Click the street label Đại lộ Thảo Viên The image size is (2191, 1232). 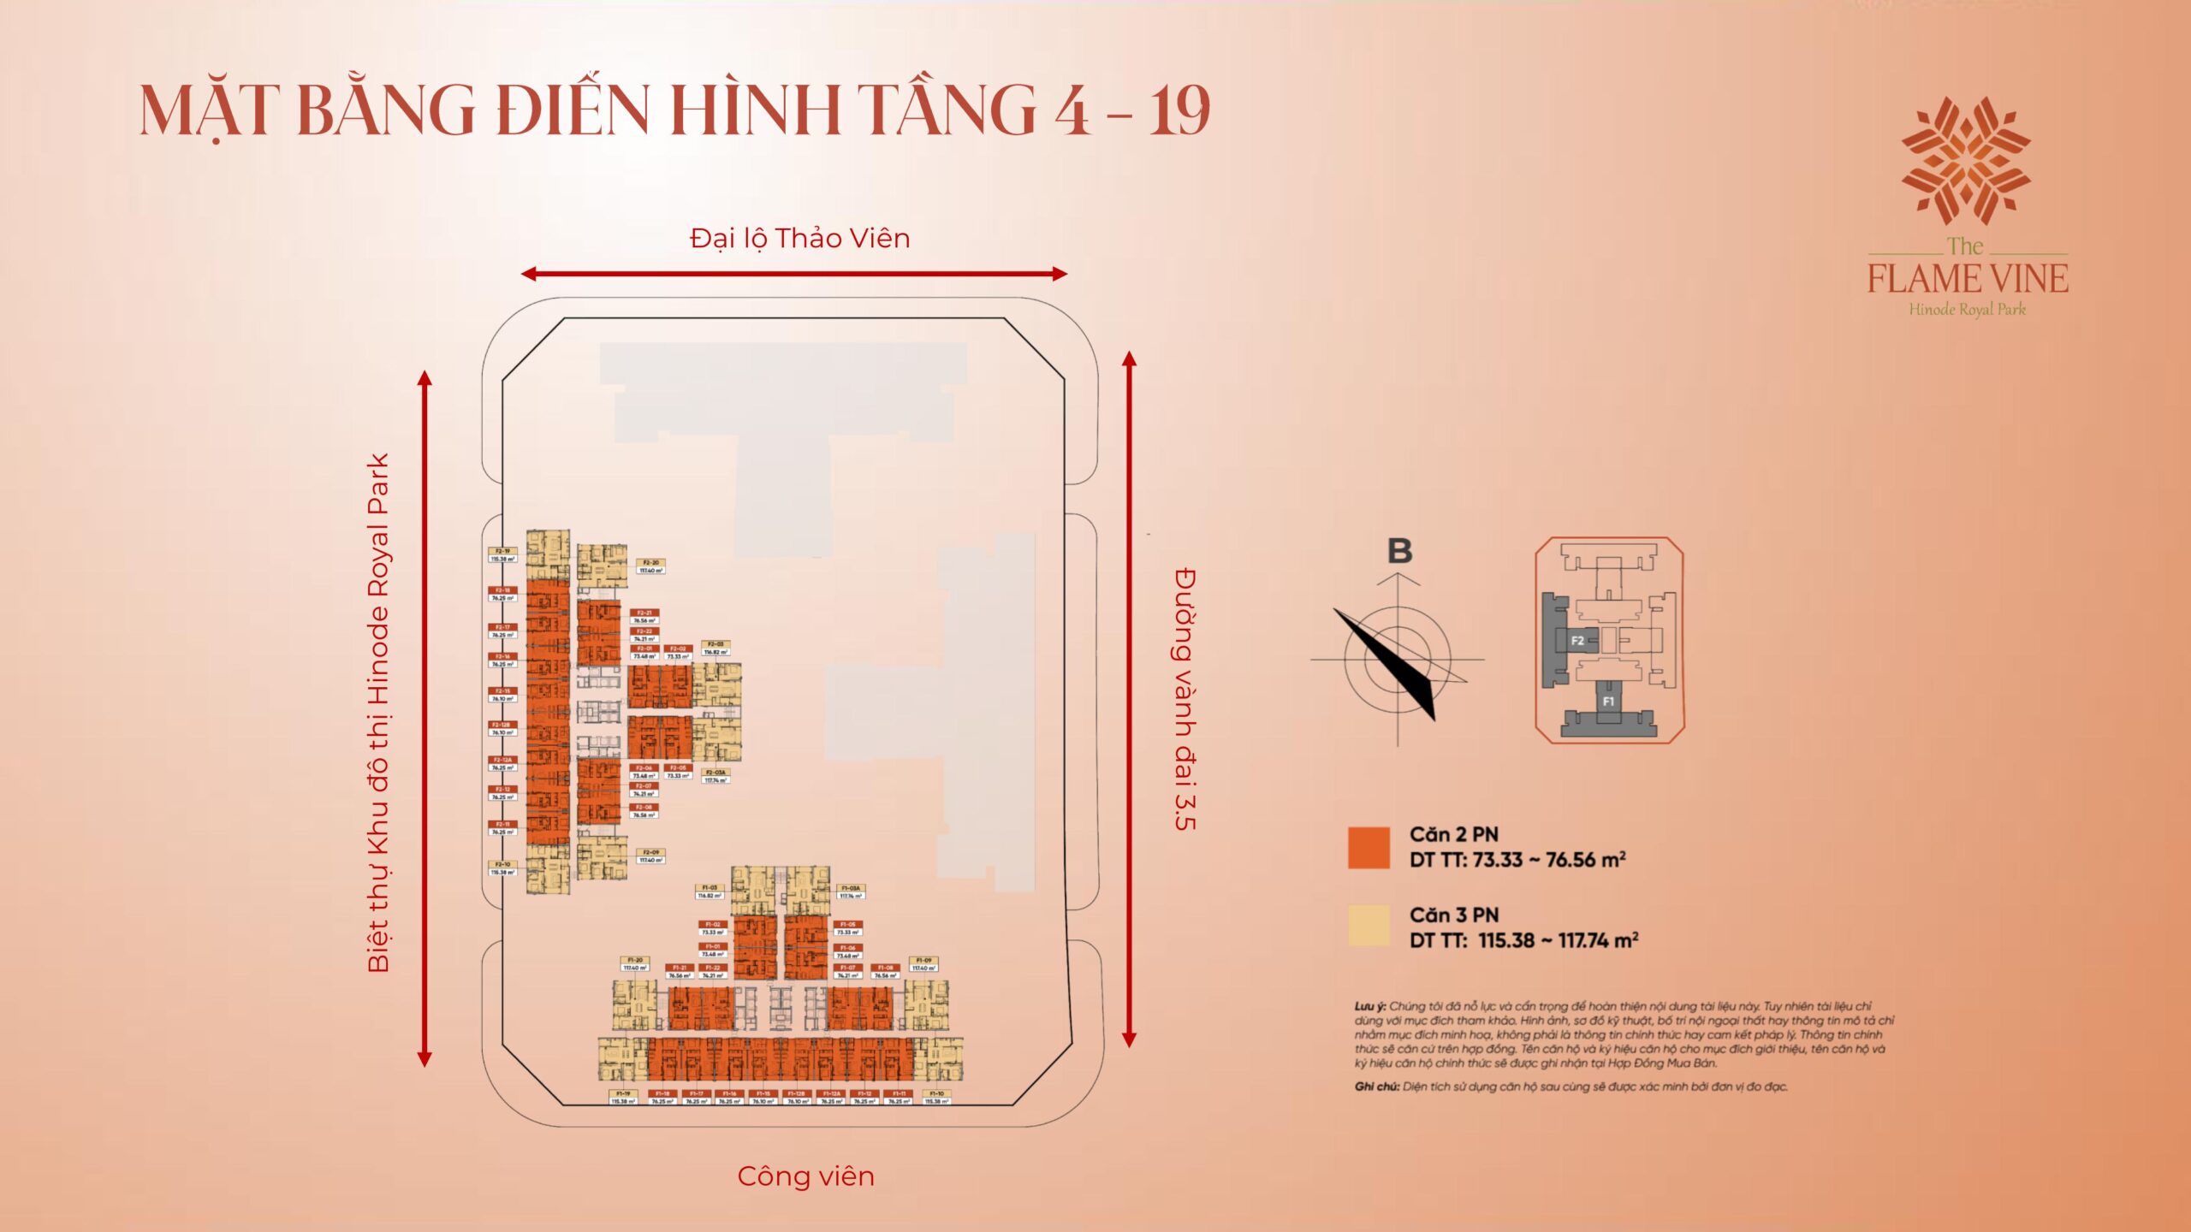pyautogui.click(x=799, y=238)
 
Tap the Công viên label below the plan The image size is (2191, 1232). pyautogui.click(x=805, y=1176)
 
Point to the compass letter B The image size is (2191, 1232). pyautogui.click(x=1399, y=551)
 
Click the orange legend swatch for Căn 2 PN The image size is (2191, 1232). pyautogui.click(x=1369, y=848)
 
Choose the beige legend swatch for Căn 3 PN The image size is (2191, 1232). pyautogui.click(x=1369, y=927)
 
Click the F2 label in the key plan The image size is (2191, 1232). pyautogui.click(x=1576, y=640)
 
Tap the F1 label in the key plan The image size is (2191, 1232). pyautogui.click(x=1608, y=702)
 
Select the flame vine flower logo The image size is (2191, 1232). pyautogui.click(x=1966, y=160)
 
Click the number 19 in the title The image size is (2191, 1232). pyautogui.click(x=1179, y=111)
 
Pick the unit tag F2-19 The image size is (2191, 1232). pyautogui.click(x=502, y=555)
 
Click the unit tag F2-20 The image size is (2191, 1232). pyautogui.click(x=651, y=566)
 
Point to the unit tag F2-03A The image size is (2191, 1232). pyautogui.click(x=715, y=776)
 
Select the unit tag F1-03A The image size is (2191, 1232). pyautogui.click(x=851, y=892)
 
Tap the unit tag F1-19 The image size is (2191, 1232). pyautogui.click(x=623, y=1097)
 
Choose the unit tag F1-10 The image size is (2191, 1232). pyautogui.click(x=936, y=1097)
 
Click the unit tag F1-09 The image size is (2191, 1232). pyautogui.click(x=923, y=964)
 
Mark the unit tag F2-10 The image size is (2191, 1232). pyautogui.click(x=502, y=868)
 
